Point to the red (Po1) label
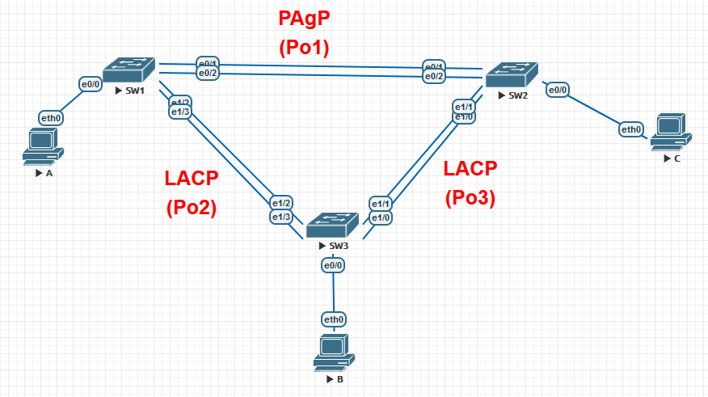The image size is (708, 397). [304, 48]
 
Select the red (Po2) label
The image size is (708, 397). [192, 208]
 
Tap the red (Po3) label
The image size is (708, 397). [470, 198]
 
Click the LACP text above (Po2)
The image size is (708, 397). [192, 178]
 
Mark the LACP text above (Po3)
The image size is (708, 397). [470, 168]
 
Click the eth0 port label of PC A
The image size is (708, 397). [51, 118]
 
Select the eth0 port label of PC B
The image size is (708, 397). [335, 319]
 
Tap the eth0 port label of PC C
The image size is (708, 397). [631, 129]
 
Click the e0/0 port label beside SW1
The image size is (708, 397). [90, 83]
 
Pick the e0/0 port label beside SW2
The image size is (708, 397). [558, 90]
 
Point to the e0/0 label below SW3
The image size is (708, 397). [334, 265]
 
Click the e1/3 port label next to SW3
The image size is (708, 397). [281, 217]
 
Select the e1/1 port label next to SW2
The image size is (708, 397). [464, 107]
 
